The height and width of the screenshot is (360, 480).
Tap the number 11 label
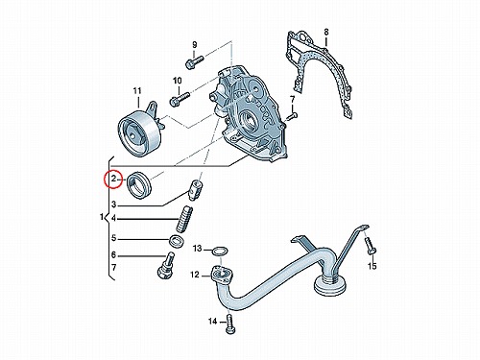(x=137, y=91)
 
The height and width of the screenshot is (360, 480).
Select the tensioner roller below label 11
(x=139, y=134)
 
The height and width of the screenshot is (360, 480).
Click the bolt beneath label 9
(x=194, y=61)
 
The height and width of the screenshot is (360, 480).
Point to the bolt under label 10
(x=180, y=99)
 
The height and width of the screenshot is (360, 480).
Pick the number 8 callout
(x=326, y=32)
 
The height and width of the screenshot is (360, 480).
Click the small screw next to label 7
(x=292, y=116)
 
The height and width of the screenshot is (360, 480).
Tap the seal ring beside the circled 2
(x=139, y=185)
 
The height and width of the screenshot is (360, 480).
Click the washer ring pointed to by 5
(x=176, y=242)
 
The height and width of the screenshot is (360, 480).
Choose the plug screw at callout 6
(x=165, y=266)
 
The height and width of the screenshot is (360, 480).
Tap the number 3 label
(x=113, y=204)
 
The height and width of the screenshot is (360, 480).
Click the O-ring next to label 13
(x=220, y=251)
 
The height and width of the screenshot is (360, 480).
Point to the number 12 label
(x=195, y=275)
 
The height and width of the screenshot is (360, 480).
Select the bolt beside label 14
(x=230, y=324)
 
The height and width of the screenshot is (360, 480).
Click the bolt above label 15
(x=370, y=246)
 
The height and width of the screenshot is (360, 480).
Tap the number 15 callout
(x=372, y=266)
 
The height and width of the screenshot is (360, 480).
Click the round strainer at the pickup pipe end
(x=330, y=284)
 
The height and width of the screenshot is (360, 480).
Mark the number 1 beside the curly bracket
(x=102, y=217)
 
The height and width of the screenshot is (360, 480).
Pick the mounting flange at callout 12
(x=222, y=275)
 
